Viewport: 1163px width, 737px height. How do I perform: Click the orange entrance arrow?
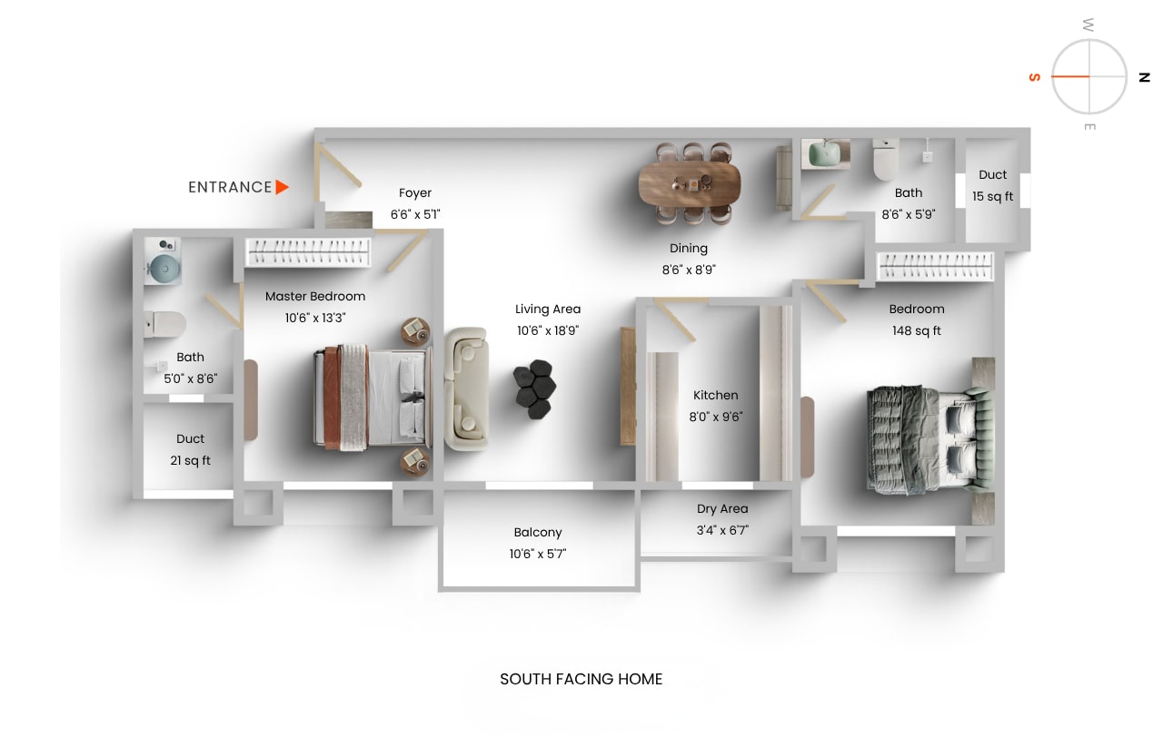(283, 187)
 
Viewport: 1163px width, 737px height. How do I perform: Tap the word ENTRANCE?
(230, 187)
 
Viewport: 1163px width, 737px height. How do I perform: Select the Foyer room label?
(415, 192)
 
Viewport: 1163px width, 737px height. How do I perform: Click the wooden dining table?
(689, 182)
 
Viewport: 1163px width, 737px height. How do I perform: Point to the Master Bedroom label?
(315, 296)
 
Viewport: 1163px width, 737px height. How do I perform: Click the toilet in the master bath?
(167, 323)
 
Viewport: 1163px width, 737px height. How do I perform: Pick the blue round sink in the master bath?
(164, 268)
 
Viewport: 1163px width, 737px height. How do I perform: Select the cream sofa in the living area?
(466, 388)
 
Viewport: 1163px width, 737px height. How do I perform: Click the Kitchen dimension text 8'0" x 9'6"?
(716, 418)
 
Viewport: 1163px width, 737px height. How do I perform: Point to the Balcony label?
(538, 532)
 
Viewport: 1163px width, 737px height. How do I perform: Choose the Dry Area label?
(722, 508)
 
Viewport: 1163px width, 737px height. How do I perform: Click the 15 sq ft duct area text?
(993, 196)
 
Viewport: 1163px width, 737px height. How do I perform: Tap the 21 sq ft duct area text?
(190, 460)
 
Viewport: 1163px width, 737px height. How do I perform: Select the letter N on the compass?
(1144, 78)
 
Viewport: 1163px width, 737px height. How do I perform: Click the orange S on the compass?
(1034, 78)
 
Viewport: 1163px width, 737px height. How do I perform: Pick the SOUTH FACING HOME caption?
(581, 679)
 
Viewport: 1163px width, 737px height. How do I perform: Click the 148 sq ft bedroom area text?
(917, 330)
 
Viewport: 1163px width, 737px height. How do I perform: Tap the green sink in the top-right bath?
(825, 153)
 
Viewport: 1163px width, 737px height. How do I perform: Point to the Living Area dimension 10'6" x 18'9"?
(548, 330)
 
